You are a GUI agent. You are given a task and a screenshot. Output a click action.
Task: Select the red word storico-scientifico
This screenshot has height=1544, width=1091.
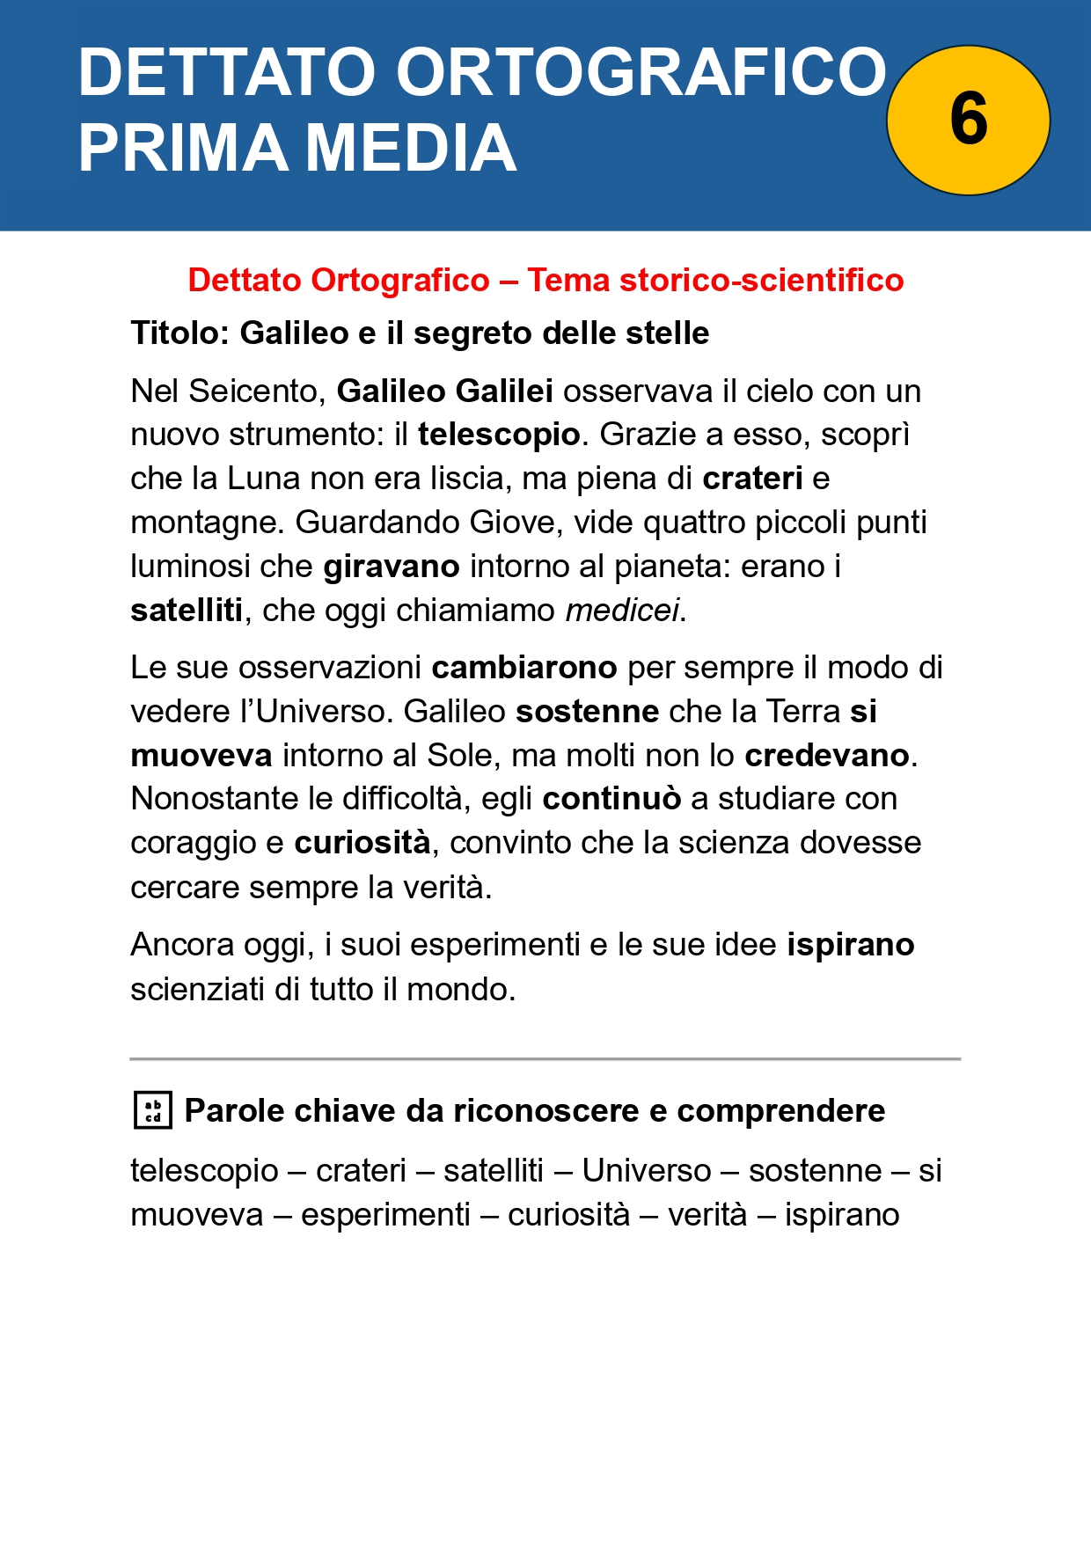point(762,280)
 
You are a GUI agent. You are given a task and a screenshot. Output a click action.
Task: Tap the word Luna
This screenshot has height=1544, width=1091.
point(265,478)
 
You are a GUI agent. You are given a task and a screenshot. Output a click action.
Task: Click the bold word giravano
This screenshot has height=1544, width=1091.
point(392,567)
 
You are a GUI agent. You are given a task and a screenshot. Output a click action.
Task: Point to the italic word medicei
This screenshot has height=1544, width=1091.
point(622,610)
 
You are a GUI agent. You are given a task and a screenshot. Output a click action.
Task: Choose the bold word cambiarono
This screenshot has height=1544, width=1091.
point(524,668)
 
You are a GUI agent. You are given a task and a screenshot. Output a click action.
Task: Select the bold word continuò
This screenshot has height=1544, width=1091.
point(611,799)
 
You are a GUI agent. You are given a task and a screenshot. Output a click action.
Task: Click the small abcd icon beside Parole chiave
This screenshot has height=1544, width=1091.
point(152,1110)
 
